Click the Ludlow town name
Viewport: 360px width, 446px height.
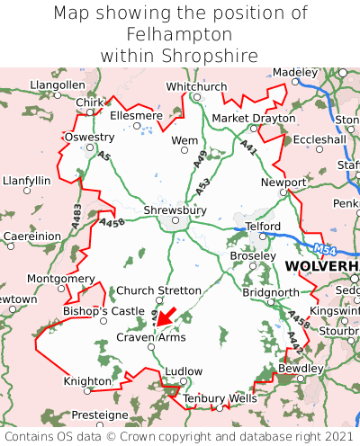(x=184, y=371)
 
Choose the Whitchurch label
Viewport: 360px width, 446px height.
(x=196, y=86)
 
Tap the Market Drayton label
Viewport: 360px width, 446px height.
(x=253, y=118)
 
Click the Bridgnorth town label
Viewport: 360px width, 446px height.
(x=271, y=292)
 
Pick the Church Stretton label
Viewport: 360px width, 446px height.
(x=160, y=290)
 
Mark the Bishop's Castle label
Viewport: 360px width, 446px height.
(x=103, y=311)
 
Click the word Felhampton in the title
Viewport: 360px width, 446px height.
(x=179, y=34)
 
